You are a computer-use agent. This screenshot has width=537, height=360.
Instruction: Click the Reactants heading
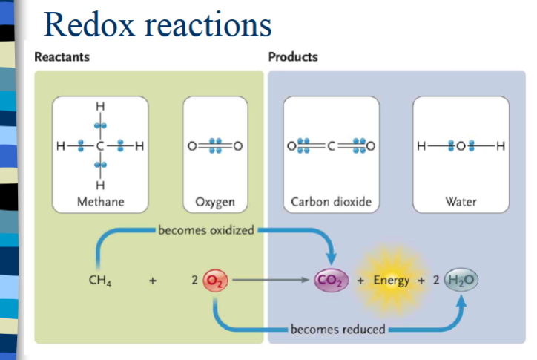pos(62,57)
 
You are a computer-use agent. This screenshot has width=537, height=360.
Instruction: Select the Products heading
pos(293,57)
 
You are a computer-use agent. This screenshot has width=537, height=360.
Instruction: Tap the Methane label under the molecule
pos(100,202)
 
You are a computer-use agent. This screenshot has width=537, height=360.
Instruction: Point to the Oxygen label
pos(215,202)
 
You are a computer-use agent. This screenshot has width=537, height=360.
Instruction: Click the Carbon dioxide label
pos(331,202)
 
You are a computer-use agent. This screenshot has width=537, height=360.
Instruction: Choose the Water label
pos(461,202)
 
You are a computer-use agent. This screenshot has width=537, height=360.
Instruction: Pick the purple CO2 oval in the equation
pos(328,281)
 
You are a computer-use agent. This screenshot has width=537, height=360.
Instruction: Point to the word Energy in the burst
pos(392,281)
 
